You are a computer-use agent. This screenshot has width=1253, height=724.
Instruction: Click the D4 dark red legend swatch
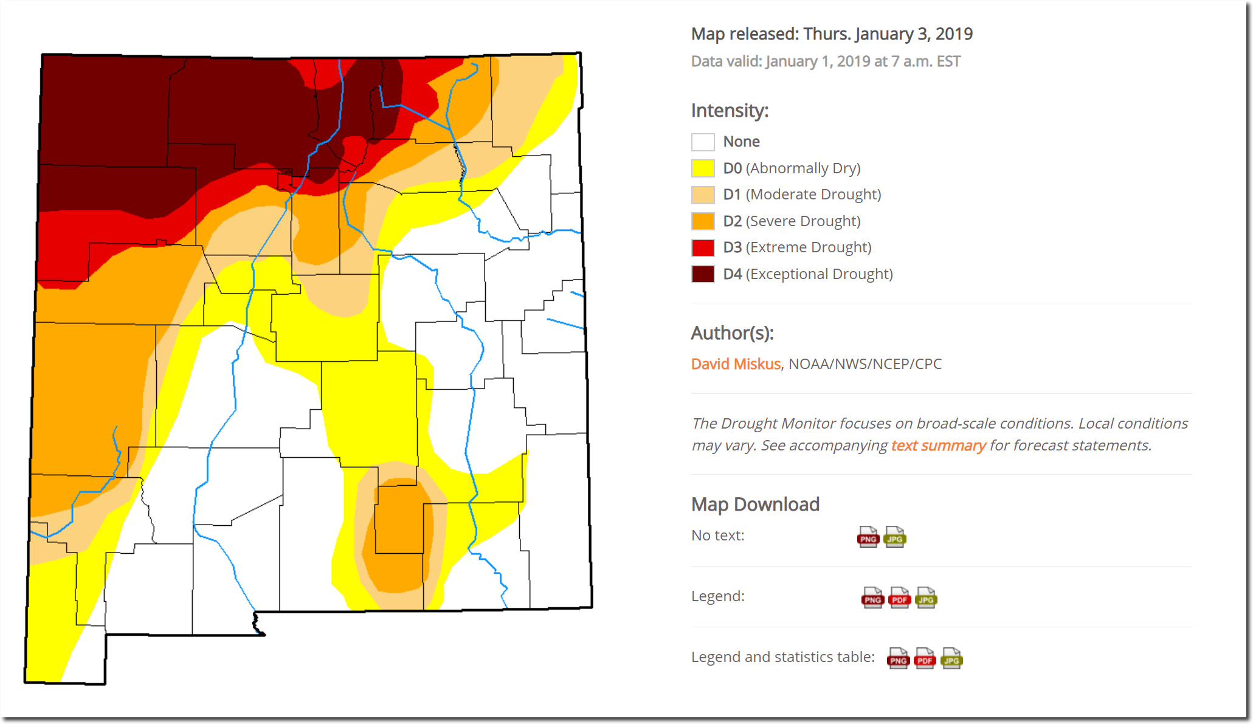703,274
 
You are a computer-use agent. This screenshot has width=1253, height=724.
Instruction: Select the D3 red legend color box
703,247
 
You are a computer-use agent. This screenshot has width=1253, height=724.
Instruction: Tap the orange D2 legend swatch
703,221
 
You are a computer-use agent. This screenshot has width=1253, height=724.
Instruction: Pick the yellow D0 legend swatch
703,168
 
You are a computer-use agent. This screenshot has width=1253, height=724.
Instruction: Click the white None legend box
703,142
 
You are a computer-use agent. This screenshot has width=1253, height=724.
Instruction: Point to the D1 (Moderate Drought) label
802,195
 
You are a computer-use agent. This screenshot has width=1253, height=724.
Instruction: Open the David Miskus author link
736,364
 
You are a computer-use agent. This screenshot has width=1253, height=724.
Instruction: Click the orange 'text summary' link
938,446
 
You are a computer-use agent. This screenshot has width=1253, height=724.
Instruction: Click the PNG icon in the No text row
868,537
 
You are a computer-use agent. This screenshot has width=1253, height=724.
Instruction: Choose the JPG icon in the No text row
895,537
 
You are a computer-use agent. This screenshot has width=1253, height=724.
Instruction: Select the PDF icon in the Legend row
899,598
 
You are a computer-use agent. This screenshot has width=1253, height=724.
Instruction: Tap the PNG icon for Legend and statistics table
898,658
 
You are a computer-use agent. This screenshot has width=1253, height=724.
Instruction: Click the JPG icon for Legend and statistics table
951,658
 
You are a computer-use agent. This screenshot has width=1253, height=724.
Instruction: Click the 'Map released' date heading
832,34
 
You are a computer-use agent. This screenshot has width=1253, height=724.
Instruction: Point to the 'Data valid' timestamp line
826,61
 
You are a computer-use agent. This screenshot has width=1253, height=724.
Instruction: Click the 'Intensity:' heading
730,111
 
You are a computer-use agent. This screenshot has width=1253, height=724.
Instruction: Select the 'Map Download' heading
755,505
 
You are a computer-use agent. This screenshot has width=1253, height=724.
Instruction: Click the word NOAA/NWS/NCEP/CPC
865,364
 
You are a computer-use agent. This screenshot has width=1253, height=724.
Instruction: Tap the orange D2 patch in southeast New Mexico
398,535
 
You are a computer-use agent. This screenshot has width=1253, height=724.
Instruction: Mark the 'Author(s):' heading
732,333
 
